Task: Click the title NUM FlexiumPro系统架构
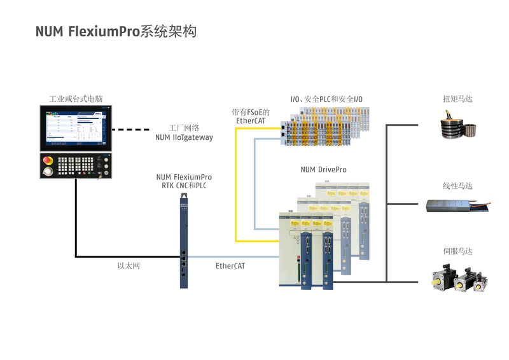pos(115,32)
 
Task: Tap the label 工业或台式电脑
pos(76,99)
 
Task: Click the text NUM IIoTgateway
pos(184,137)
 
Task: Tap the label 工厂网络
pos(184,127)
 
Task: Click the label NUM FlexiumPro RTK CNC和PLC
pos(184,181)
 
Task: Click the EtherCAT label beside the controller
pos(230,266)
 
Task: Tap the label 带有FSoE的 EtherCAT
pos(251,116)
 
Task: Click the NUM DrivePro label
pos(323,170)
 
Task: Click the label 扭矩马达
pos(457,99)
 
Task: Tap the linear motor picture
pos(457,204)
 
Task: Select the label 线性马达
pos(457,186)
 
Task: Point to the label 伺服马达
pos(457,251)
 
